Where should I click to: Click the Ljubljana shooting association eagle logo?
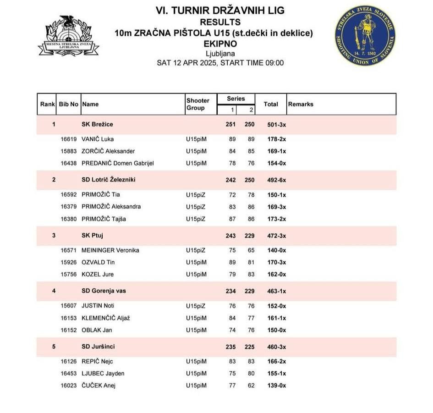[69, 35]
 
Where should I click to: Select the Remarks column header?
[301, 104]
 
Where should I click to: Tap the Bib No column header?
[69, 104]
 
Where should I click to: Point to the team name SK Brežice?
[97, 124]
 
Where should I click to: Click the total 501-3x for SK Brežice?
[276, 124]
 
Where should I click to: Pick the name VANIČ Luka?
[98, 139]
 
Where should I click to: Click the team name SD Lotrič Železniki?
[108, 180]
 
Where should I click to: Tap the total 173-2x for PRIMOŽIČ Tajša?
[276, 219]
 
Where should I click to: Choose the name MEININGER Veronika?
[110, 250]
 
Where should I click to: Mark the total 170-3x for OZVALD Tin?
[276, 262]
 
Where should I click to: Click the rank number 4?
[54, 291]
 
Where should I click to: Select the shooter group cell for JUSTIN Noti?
[196, 306]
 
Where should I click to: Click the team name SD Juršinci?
[98, 347]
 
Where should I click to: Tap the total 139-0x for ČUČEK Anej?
[276, 385]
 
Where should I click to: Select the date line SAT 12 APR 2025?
[220, 63]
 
